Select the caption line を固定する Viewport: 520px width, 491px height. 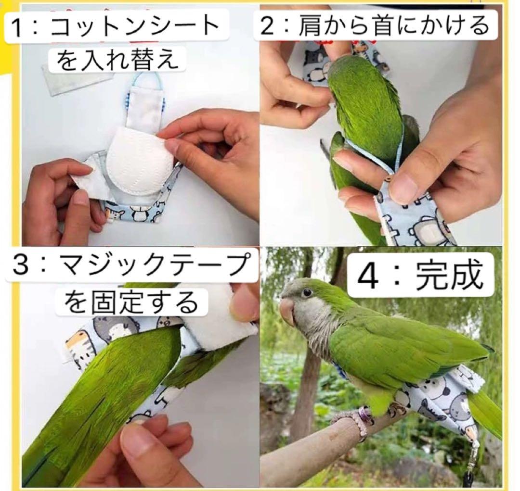coord(131,303)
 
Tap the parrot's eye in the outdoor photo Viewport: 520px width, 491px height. coord(306,292)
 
